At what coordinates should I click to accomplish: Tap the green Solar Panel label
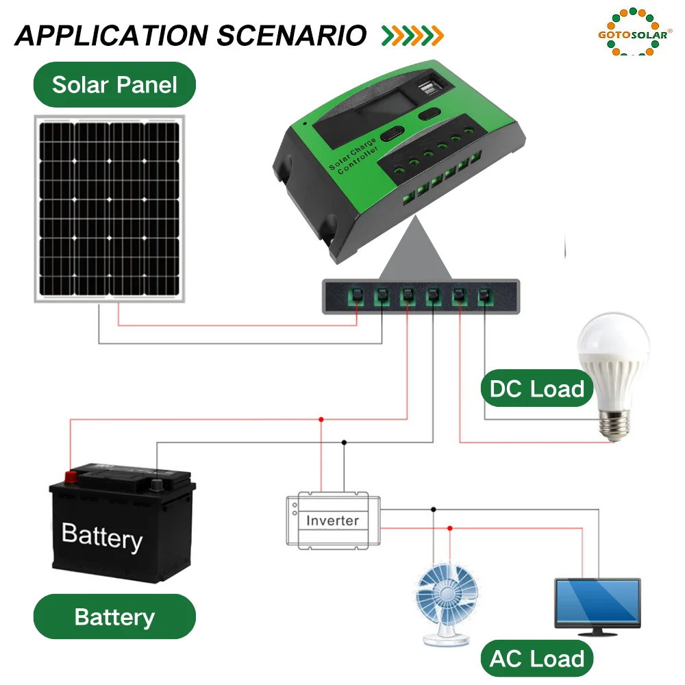tap(114, 84)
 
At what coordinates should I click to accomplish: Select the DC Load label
tap(537, 389)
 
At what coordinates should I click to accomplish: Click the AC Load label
tap(537, 659)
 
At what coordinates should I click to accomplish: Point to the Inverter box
tap(333, 520)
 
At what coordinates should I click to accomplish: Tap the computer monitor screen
tap(597, 601)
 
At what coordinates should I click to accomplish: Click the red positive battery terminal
tap(70, 475)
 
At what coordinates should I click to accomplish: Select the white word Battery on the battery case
tap(102, 536)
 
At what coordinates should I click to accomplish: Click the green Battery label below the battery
tap(114, 616)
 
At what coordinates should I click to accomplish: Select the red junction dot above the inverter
tap(321, 419)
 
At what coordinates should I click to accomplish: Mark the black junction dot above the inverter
tap(344, 443)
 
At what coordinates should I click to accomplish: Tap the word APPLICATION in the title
tap(111, 36)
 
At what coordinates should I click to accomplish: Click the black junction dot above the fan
tap(433, 509)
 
